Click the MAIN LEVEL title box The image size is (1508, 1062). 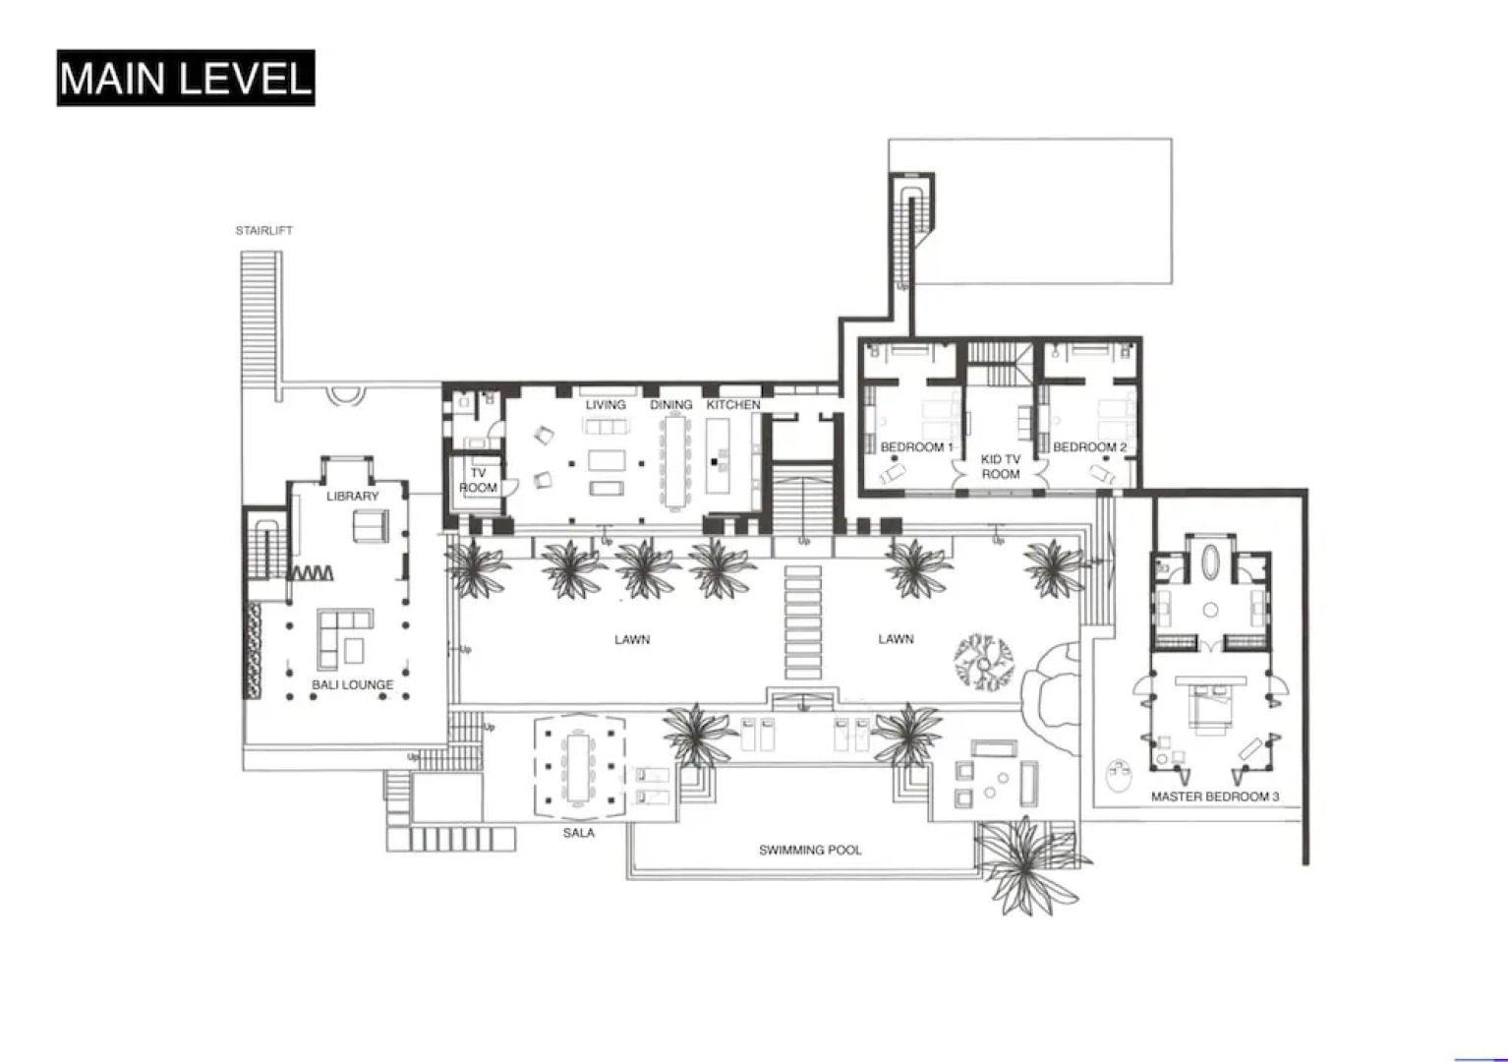186,78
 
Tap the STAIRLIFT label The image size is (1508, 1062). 263,231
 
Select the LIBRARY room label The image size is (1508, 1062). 352,496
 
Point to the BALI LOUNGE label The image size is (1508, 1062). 352,684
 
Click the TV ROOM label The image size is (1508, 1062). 478,480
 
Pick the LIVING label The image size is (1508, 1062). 606,405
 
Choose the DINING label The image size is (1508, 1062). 670,405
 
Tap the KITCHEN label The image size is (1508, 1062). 733,405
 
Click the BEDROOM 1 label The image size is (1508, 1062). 916,447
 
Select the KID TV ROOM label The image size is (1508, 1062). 1001,466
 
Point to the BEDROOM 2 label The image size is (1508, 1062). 1089,447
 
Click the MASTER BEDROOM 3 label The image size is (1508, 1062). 1215,796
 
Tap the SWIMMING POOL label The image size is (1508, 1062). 810,850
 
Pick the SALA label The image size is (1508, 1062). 578,833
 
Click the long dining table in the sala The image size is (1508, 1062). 578,767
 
